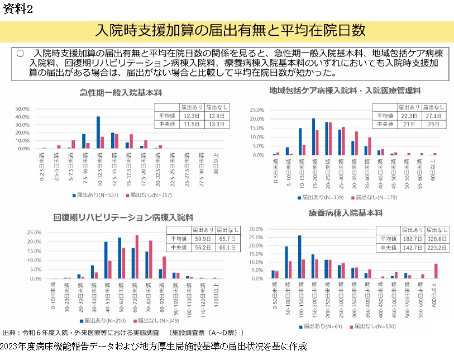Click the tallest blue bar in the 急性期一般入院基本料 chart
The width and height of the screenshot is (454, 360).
pos(98,132)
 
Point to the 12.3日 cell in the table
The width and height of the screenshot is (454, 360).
pos(191,115)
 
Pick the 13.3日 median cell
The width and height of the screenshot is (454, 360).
pos(216,124)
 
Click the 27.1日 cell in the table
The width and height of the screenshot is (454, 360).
pos(433,115)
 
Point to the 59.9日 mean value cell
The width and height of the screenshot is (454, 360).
pos(203,238)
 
